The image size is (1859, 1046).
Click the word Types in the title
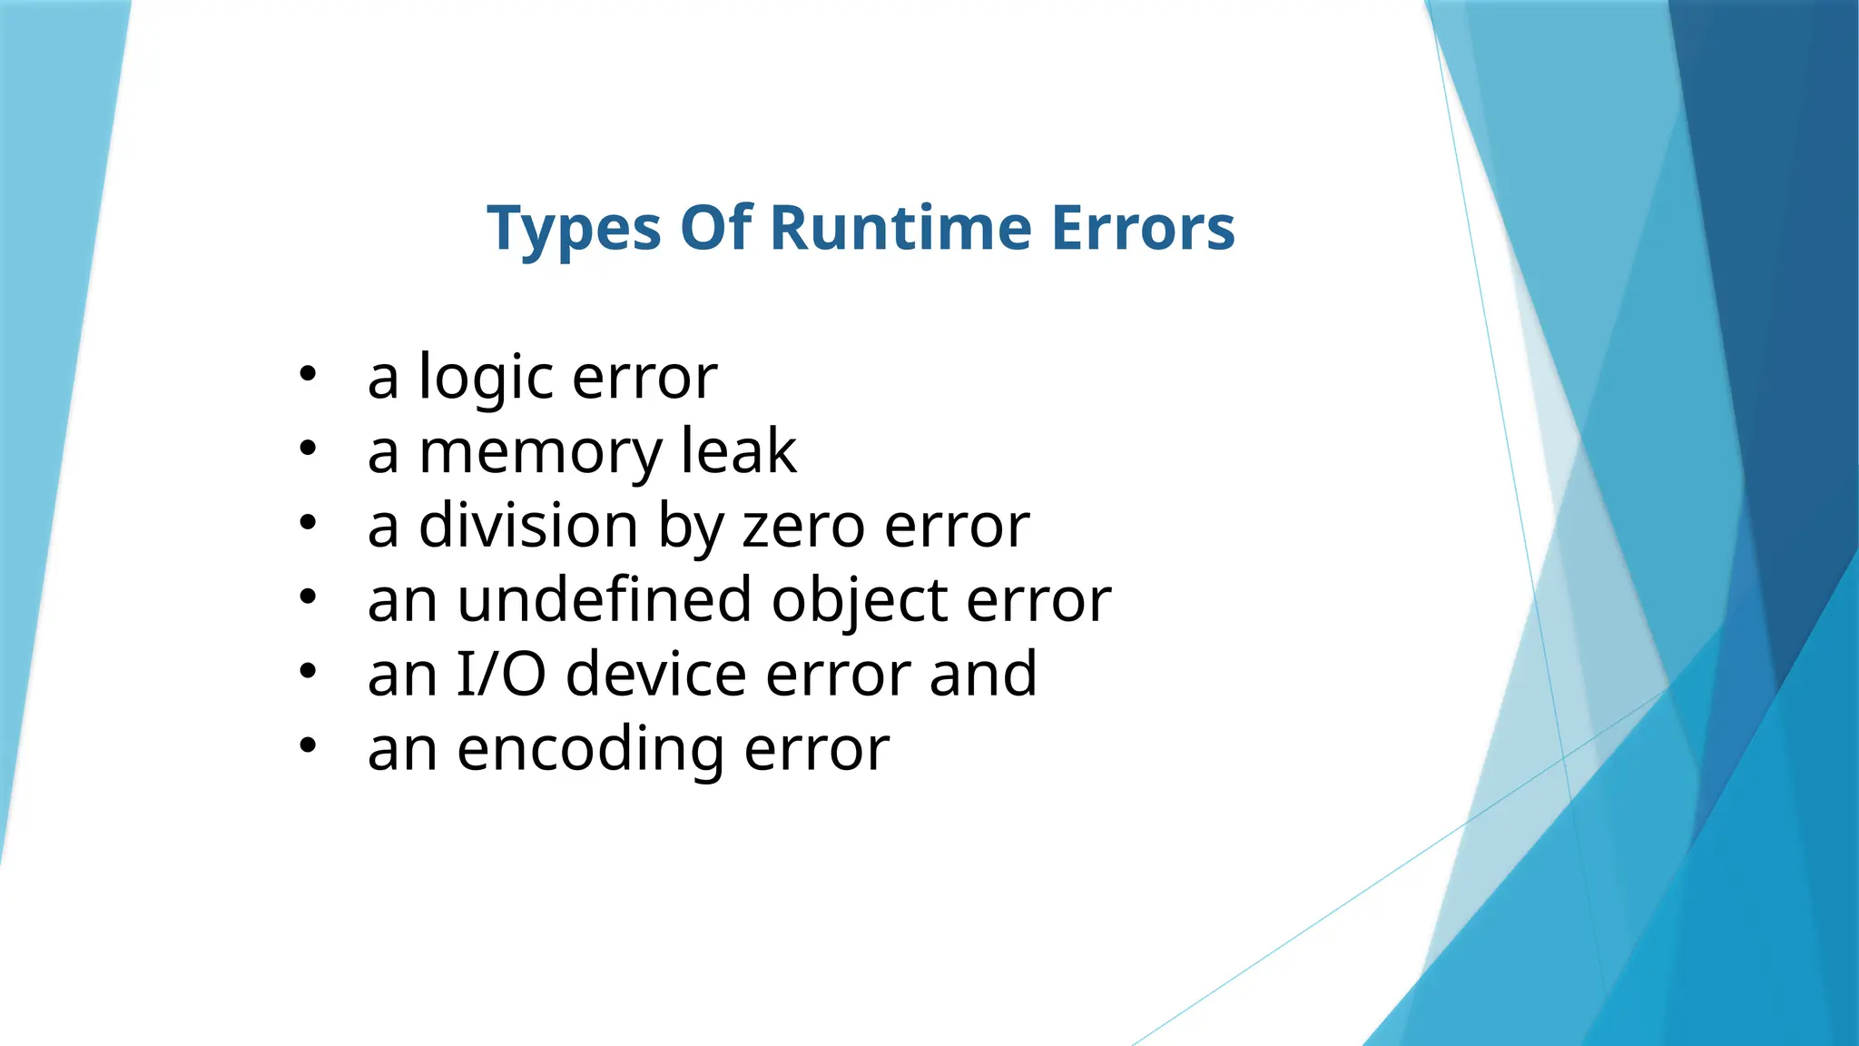[x=574, y=228]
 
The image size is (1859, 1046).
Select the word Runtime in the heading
[x=900, y=228]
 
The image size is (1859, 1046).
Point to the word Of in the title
[x=716, y=228]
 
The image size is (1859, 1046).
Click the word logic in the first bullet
[x=486, y=378]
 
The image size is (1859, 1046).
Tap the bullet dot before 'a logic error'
[x=308, y=373]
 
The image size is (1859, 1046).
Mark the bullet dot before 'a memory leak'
[x=308, y=448]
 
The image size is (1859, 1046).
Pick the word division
[x=528, y=526]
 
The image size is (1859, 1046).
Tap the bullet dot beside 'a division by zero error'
[x=308, y=522]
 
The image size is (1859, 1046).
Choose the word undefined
[x=605, y=600]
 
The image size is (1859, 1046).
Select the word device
[x=656, y=675]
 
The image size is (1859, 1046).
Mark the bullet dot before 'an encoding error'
[x=308, y=745]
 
